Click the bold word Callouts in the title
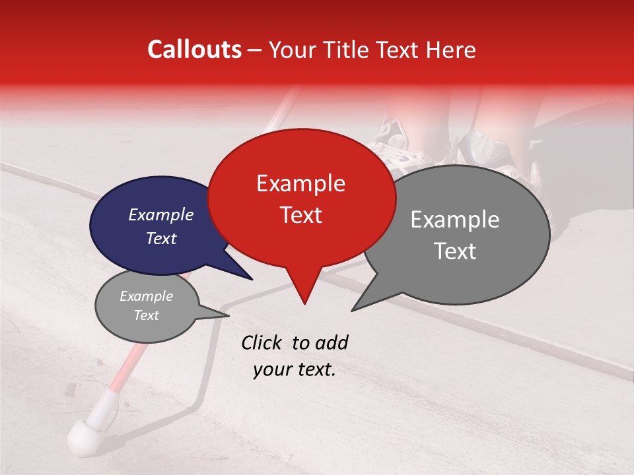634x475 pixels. click(x=194, y=49)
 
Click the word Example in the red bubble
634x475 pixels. click(x=300, y=183)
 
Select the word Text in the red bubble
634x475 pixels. click(x=301, y=215)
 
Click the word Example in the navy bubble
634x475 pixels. click(x=161, y=214)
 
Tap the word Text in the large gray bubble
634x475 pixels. click(x=456, y=251)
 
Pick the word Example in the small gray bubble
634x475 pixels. click(x=146, y=296)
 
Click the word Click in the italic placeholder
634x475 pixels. click(x=262, y=342)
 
